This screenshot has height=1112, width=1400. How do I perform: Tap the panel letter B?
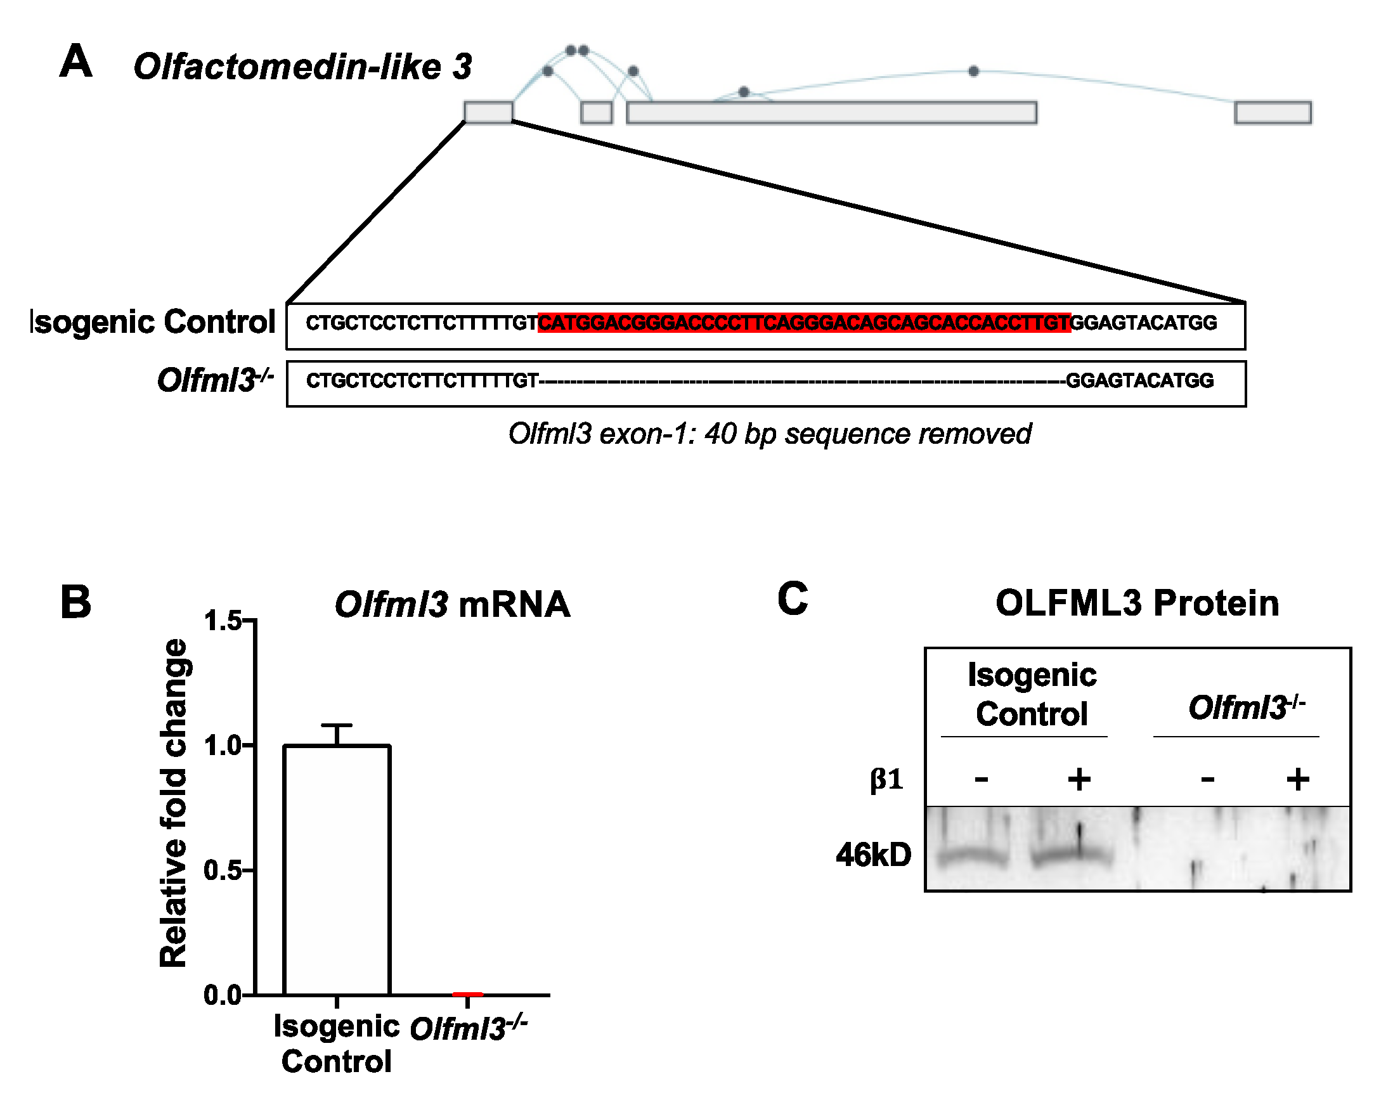[75, 602]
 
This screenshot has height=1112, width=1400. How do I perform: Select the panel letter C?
[793, 598]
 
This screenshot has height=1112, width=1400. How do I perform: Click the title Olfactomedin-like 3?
[302, 67]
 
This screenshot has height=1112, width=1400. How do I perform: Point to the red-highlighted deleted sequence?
[804, 323]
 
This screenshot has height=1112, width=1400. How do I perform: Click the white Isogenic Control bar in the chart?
[336, 870]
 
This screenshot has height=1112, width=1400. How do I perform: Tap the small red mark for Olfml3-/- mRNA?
[467, 994]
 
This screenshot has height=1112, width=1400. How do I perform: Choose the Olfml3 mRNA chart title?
[453, 604]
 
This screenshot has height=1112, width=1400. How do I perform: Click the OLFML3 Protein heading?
[1137, 603]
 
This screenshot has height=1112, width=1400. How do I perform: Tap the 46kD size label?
[873, 855]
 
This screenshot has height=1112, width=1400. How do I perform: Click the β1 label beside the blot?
[886, 779]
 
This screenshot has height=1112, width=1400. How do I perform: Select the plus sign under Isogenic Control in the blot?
[1079, 779]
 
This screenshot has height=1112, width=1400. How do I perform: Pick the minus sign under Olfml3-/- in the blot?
[1207, 779]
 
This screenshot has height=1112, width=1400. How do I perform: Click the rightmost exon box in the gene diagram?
[1273, 112]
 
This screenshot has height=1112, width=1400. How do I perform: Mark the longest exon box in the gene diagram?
[831, 112]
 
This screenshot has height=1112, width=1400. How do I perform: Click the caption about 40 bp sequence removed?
[770, 434]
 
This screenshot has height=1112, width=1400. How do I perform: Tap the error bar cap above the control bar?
[336, 725]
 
